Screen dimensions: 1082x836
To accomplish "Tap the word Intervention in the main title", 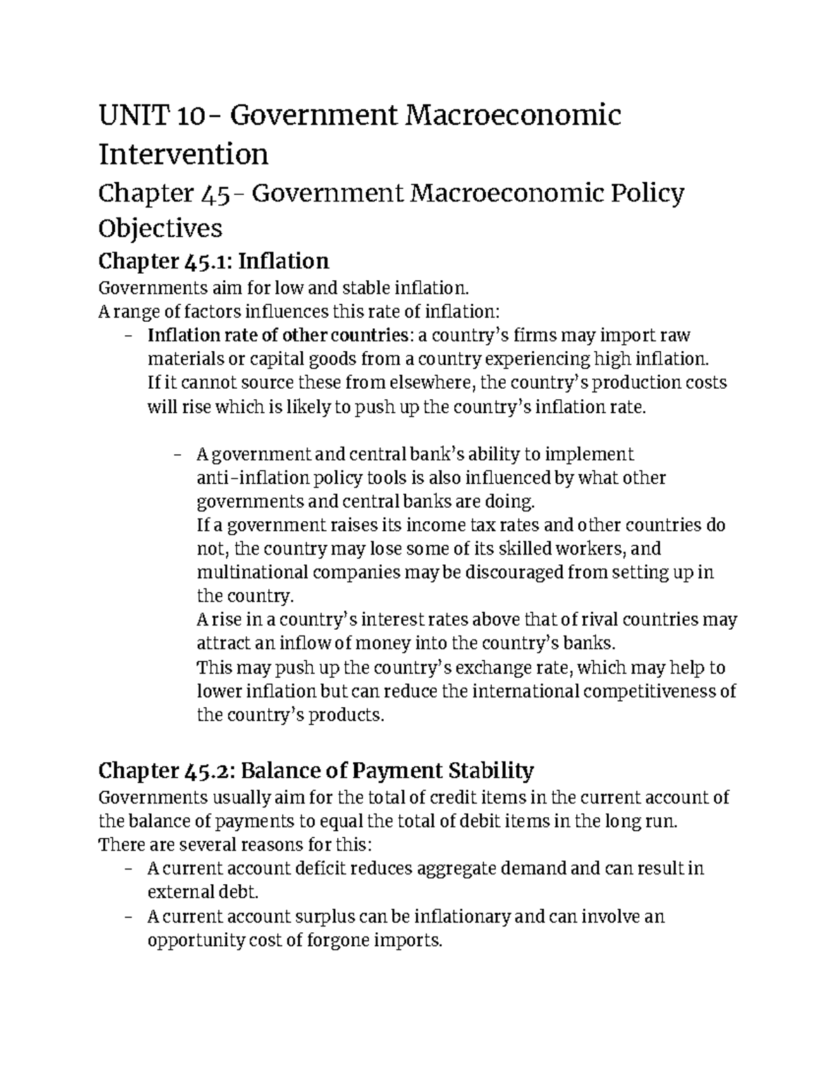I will pyautogui.click(x=183, y=154).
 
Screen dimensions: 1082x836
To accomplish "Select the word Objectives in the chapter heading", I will pyautogui.click(x=160, y=228).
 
